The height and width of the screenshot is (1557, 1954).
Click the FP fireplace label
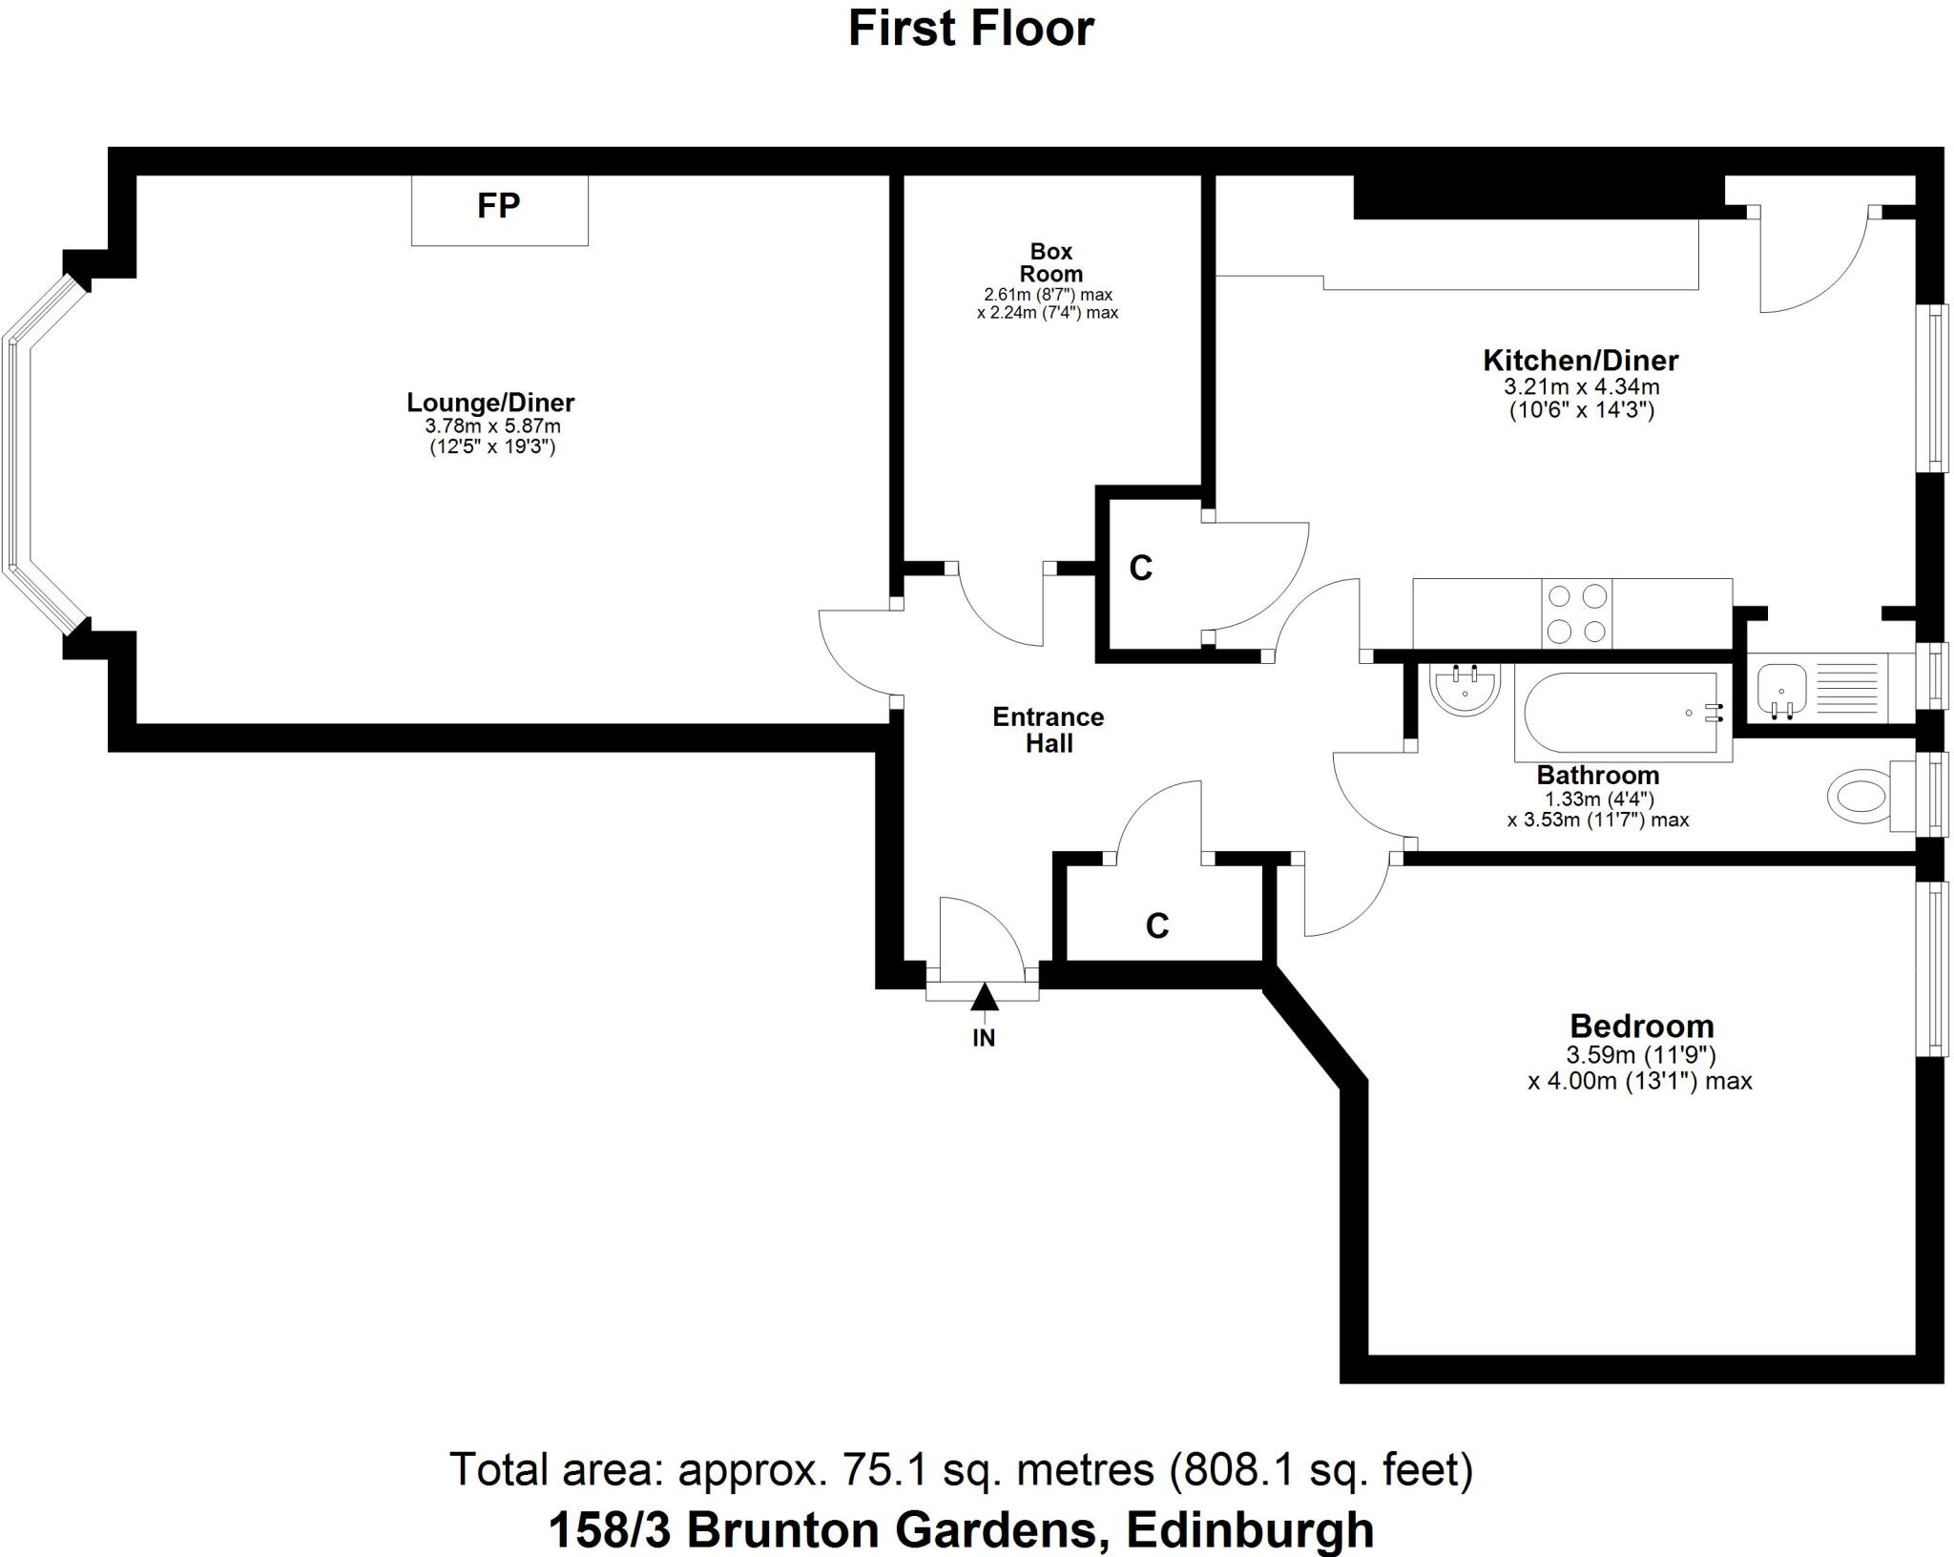pos(498,205)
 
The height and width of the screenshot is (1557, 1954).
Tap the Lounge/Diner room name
pos(490,402)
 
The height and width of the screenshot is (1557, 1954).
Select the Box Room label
pos(1050,262)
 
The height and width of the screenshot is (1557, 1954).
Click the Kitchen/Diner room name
pos(1580,360)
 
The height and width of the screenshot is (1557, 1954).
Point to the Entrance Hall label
pos(1048,730)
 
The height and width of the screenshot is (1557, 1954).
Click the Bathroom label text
pos(1597,775)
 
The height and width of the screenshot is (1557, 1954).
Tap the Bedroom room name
pos(1641,1027)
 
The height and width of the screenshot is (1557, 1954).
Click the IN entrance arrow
pos(984,999)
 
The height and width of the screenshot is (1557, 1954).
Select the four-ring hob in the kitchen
pos(1576,613)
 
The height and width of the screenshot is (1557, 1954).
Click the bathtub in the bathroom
pos(1621,713)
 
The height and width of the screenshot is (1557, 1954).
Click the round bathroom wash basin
pos(1464,689)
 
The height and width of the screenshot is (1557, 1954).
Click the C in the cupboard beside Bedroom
pos(1156,925)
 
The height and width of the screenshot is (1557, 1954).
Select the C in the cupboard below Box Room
pos(1140,568)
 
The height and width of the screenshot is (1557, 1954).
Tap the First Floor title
pos(970,29)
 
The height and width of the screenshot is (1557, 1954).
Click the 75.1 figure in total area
pos(883,1470)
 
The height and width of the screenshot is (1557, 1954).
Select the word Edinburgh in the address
pos(1250,1529)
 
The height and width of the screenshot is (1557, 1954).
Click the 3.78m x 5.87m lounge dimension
pos(492,426)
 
